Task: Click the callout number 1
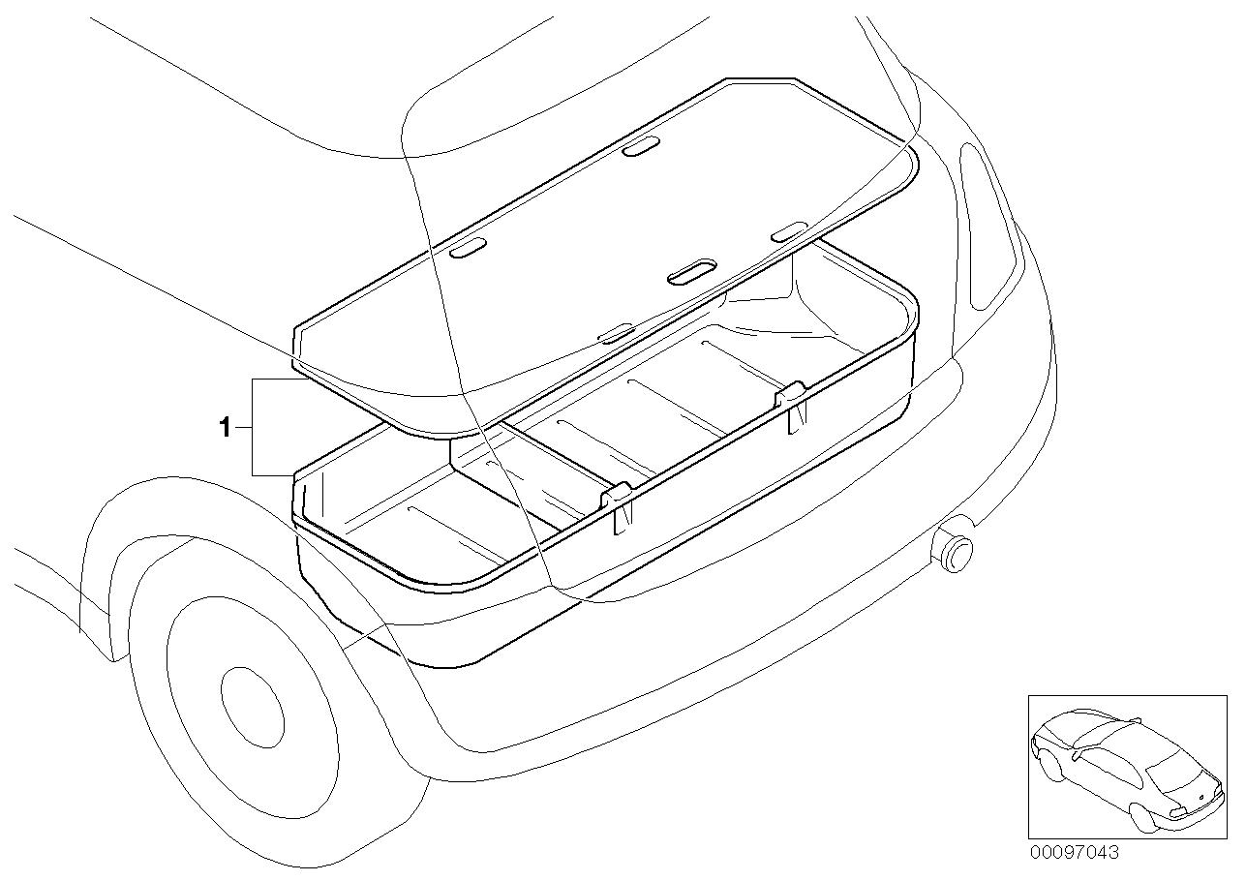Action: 225,427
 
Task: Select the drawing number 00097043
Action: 1073,853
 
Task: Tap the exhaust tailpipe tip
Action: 953,550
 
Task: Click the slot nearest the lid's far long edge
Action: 641,145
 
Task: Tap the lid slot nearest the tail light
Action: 788,230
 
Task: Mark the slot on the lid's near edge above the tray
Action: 615,333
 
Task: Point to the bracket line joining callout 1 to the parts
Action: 254,427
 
